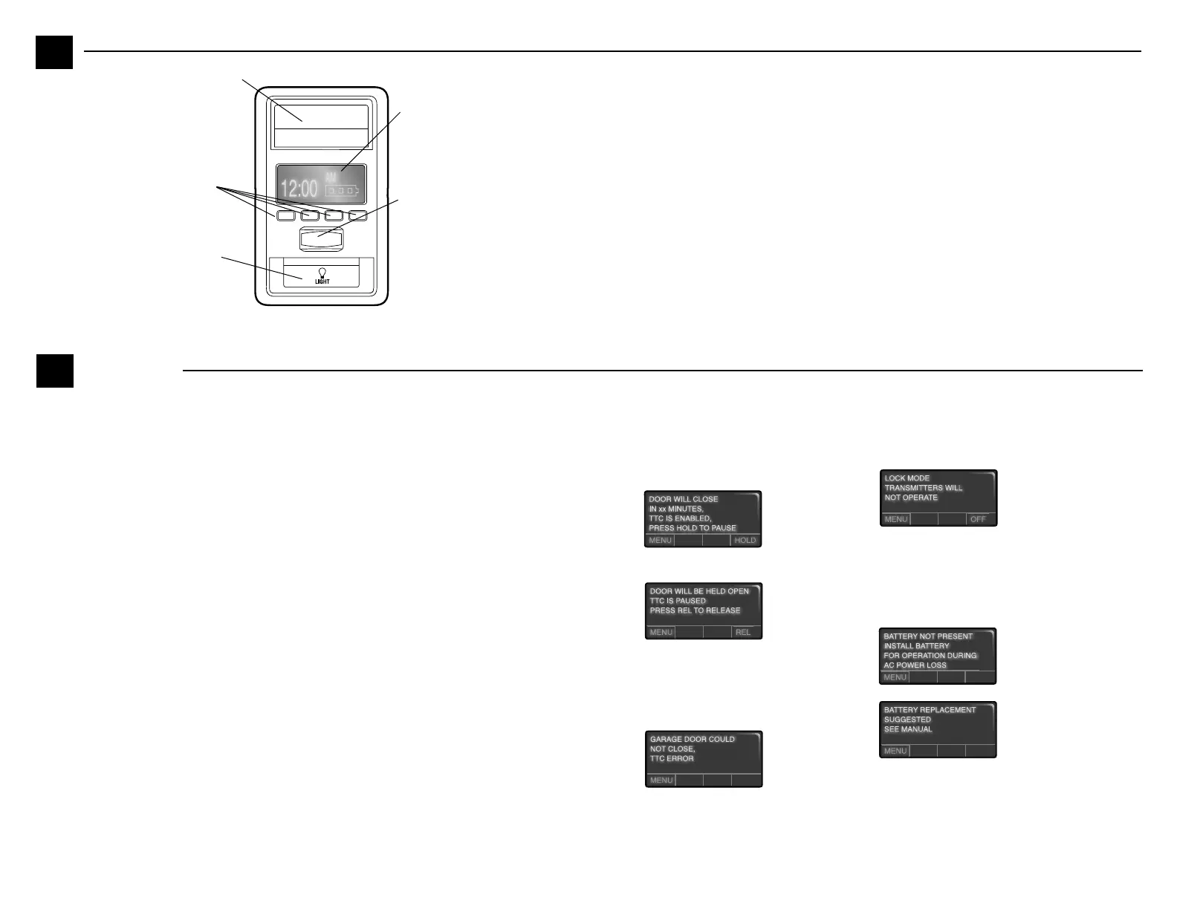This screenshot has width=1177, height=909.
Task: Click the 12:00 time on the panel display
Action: [x=299, y=188]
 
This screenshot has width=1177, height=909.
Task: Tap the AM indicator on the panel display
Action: [x=331, y=178]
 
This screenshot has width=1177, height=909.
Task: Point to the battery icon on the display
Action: [x=341, y=191]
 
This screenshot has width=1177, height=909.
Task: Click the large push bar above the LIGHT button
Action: [x=322, y=239]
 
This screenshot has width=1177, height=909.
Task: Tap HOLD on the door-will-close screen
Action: [x=745, y=541]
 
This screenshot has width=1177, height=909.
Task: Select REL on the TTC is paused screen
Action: [x=743, y=633]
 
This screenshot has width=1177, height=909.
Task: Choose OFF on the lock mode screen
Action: [x=978, y=519]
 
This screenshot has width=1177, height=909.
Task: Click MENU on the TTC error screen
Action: [x=661, y=781]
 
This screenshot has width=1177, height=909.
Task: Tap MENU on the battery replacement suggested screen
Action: [x=895, y=751]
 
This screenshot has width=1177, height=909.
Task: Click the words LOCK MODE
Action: [x=907, y=478]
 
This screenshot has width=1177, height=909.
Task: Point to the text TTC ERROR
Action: [x=672, y=759]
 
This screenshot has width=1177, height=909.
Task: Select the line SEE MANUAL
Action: [x=907, y=729]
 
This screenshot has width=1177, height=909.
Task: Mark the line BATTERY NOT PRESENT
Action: [x=927, y=636]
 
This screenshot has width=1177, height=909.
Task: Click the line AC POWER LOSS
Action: [x=915, y=665]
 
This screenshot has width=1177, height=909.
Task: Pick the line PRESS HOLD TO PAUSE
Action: [x=692, y=528]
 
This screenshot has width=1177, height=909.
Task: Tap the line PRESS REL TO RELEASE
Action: [x=695, y=610]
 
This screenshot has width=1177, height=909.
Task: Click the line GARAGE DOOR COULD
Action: [x=692, y=740]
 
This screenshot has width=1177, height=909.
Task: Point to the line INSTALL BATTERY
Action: [x=916, y=646]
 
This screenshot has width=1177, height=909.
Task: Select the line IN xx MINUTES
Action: [x=675, y=509]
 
